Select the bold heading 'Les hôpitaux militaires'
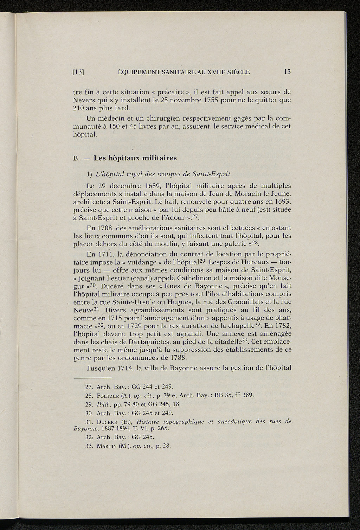coord(135,158)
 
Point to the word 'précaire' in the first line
coord(171,92)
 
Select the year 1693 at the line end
coord(281,202)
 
